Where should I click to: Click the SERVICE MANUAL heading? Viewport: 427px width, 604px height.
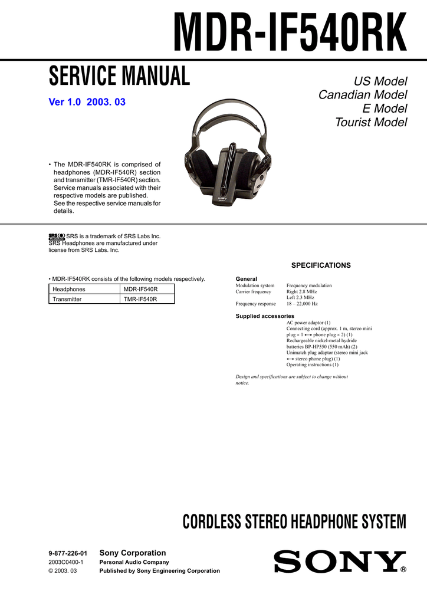119,76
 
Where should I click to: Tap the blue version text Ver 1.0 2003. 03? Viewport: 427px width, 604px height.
87,102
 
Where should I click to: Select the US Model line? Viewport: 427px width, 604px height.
380,81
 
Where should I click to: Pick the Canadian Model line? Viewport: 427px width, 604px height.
363,95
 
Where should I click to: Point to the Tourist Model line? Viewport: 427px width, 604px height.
371,123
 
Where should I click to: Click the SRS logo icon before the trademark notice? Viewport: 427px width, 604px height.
57,236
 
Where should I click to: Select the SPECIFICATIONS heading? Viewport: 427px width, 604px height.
321,265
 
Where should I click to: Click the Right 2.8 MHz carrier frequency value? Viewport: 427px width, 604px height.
301,291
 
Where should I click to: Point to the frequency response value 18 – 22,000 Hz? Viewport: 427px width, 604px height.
302,304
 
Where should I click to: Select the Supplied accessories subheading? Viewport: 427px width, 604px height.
265,316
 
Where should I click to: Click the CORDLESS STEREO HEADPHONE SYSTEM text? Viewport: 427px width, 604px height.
294,522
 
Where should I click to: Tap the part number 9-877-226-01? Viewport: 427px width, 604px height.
68,553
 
